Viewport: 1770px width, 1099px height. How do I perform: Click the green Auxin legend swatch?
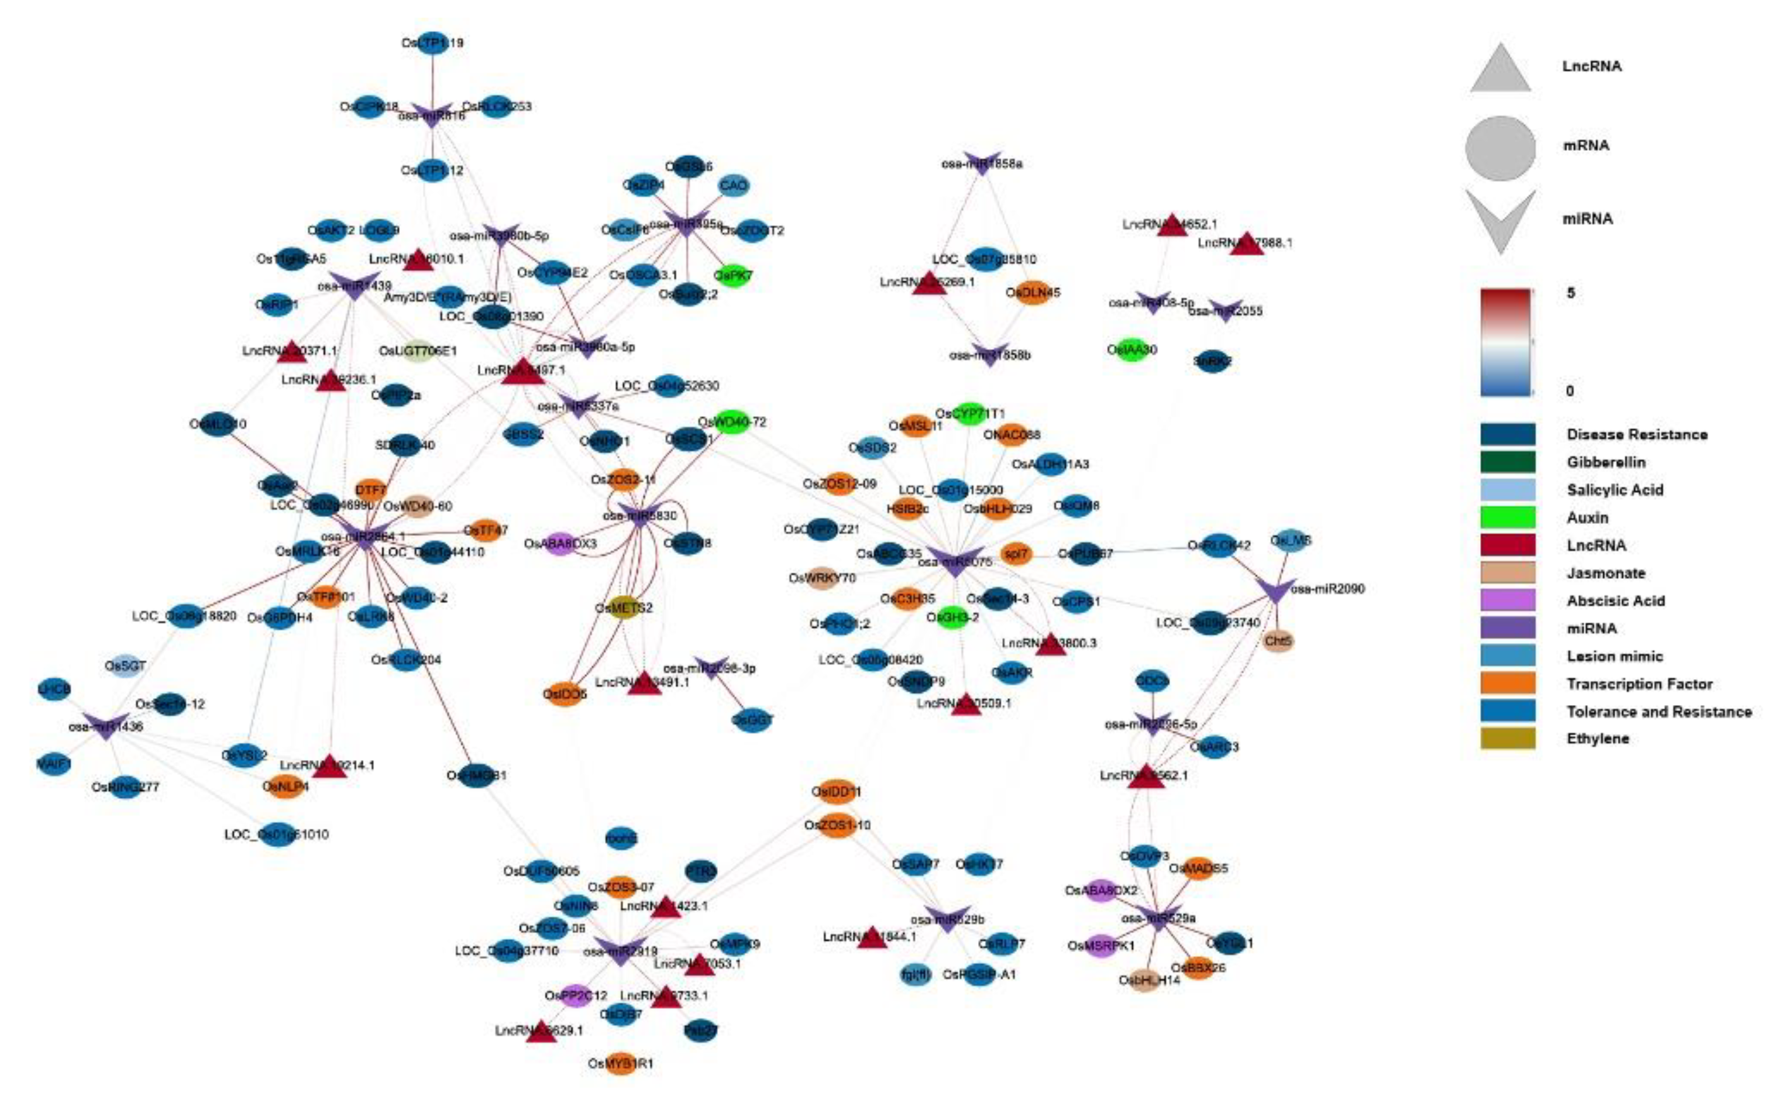coord(1507,517)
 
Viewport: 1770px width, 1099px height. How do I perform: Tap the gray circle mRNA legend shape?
coord(1500,148)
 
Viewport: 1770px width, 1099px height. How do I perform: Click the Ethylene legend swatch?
coord(1507,739)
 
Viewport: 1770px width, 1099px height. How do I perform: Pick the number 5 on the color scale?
coord(1570,294)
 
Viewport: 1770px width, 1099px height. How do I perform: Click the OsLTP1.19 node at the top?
coord(433,42)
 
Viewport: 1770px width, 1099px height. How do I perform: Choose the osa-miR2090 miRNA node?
coord(1276,589)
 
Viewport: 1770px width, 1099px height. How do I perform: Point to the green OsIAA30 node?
coord(1131,350)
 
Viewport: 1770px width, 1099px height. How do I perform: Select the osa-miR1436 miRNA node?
coord(105,725)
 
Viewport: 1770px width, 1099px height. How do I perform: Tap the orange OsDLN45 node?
coord(1033,292)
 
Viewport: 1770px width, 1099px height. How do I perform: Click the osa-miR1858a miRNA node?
coord(982,163)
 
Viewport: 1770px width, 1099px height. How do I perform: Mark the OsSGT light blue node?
coord(125,665)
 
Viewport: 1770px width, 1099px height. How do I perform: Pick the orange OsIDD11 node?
coord(836,791)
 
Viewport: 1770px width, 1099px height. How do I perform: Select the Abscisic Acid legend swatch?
coord(1507,600)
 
